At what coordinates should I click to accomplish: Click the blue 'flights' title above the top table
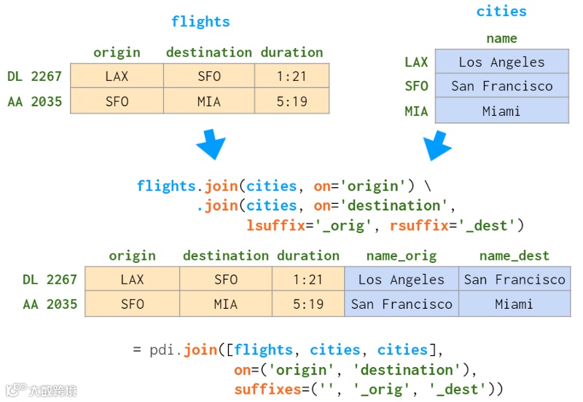point(200,22)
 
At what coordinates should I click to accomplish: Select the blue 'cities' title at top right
point(501,11)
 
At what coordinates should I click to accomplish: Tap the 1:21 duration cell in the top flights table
point(291,76)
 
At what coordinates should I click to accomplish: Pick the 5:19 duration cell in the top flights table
point(291,101)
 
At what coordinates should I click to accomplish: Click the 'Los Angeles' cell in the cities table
point(501,62)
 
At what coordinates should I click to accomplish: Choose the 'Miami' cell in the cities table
point(501,111)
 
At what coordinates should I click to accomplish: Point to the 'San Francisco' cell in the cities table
point(501,86)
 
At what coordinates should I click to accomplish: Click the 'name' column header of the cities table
point(501,39)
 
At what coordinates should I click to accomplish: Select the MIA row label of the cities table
point(416,111)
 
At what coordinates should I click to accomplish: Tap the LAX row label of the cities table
point(416,62)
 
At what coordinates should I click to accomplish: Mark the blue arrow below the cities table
point(439,145)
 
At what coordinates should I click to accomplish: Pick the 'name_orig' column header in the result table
point(402,256)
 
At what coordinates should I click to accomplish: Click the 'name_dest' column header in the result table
point(514,256)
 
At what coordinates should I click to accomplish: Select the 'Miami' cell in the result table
point(514,304)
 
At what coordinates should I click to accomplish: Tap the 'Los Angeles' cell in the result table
point(402,280)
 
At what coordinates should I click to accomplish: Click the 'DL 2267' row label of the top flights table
point(34,76)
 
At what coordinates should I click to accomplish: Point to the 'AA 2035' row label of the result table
point(50,304)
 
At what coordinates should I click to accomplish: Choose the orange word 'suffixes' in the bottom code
point(266,390)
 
